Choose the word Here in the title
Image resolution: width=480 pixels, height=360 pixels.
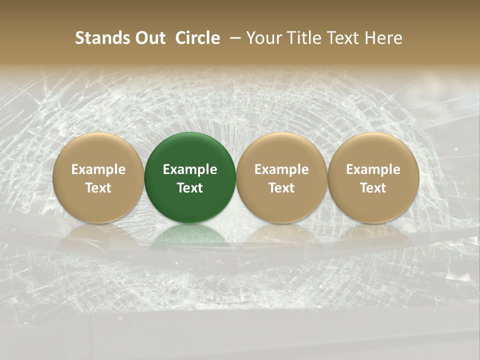(x=383, y=38)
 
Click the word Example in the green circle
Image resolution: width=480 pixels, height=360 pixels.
(x=190, y=169)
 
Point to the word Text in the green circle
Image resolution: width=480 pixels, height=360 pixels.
(x=190, y=188)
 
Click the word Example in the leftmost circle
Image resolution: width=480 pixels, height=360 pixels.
(x=98, y=169)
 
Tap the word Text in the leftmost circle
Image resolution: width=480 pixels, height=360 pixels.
(x=98, y=188)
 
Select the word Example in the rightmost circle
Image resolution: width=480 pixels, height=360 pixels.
(x=373, y=169)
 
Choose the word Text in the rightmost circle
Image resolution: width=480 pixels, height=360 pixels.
(x=373, y=188)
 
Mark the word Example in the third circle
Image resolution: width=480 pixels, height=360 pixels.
(x=281, y=169)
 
